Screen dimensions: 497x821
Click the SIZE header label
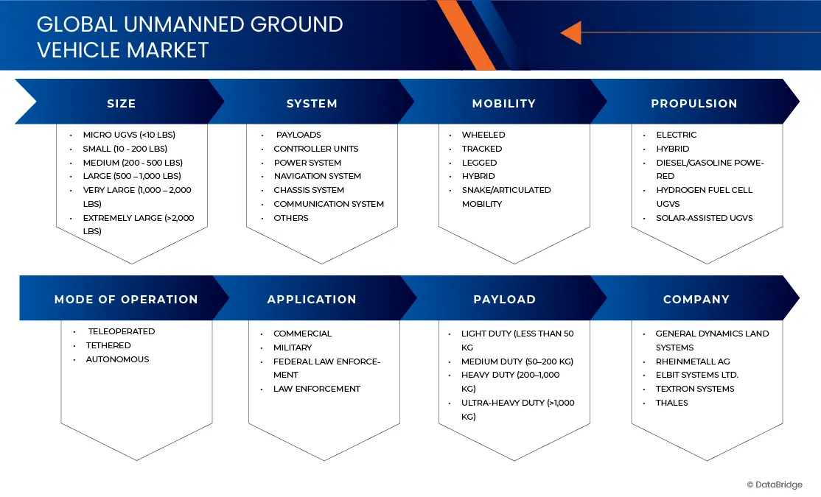pyautogui.click(x=121, y=104)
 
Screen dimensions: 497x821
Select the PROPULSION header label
pyautogui.click(x=694, y=104)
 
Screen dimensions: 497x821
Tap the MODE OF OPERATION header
pyautogui.click(x=126, y=300)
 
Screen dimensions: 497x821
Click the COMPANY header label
pyautogui.click(x=696, y=300)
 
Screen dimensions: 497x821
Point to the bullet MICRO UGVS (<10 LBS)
pyautogui.click(x=129, y=135)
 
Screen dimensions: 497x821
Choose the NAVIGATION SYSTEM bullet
pyautogui.click(x=317, y=176)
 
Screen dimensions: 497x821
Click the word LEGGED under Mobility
pyautogui.click(x=479, y=163)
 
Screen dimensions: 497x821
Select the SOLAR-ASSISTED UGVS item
pyautogui.click(x=704, y=218)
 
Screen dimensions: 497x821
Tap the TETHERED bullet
pyautogui.click(x=108, y=345)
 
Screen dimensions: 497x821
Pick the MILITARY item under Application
pyautogui.click(x=292, y=348)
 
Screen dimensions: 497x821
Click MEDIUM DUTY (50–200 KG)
pyautogui.click(x=517, y=362)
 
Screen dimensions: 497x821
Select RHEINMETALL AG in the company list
pyautogui.click(x=692, y=362)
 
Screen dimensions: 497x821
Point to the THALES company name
pyautogui.click(x=671, y=403)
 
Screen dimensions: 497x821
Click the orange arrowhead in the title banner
pyautogui.click(x=570, y=32)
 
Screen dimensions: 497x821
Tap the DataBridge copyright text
pyautogui.click(x=774, y=484)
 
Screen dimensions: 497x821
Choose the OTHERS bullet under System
pyautogui.click(x=290, y=218)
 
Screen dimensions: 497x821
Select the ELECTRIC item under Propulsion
pyautogui.click(x=676, y=135)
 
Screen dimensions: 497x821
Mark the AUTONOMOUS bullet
pyautogui.click(x=117, y=359)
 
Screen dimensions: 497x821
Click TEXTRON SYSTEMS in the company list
pyautogui.click(x=694, y=389)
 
